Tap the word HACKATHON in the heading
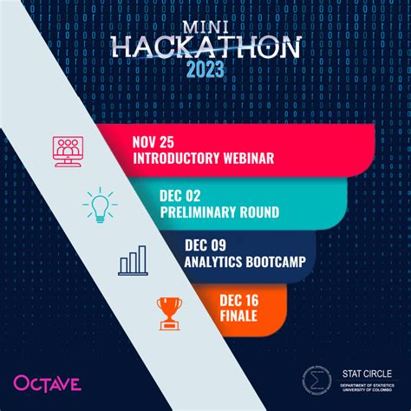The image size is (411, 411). click(205, 48)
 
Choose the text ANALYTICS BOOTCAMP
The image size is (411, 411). click(246, 262)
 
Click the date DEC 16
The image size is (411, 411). click(238, 300)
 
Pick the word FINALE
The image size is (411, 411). click(238, 315)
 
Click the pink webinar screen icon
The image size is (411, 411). click(68, 151)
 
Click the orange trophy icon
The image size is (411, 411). click(170, 313)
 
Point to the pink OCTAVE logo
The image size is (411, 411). click(47, 382)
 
